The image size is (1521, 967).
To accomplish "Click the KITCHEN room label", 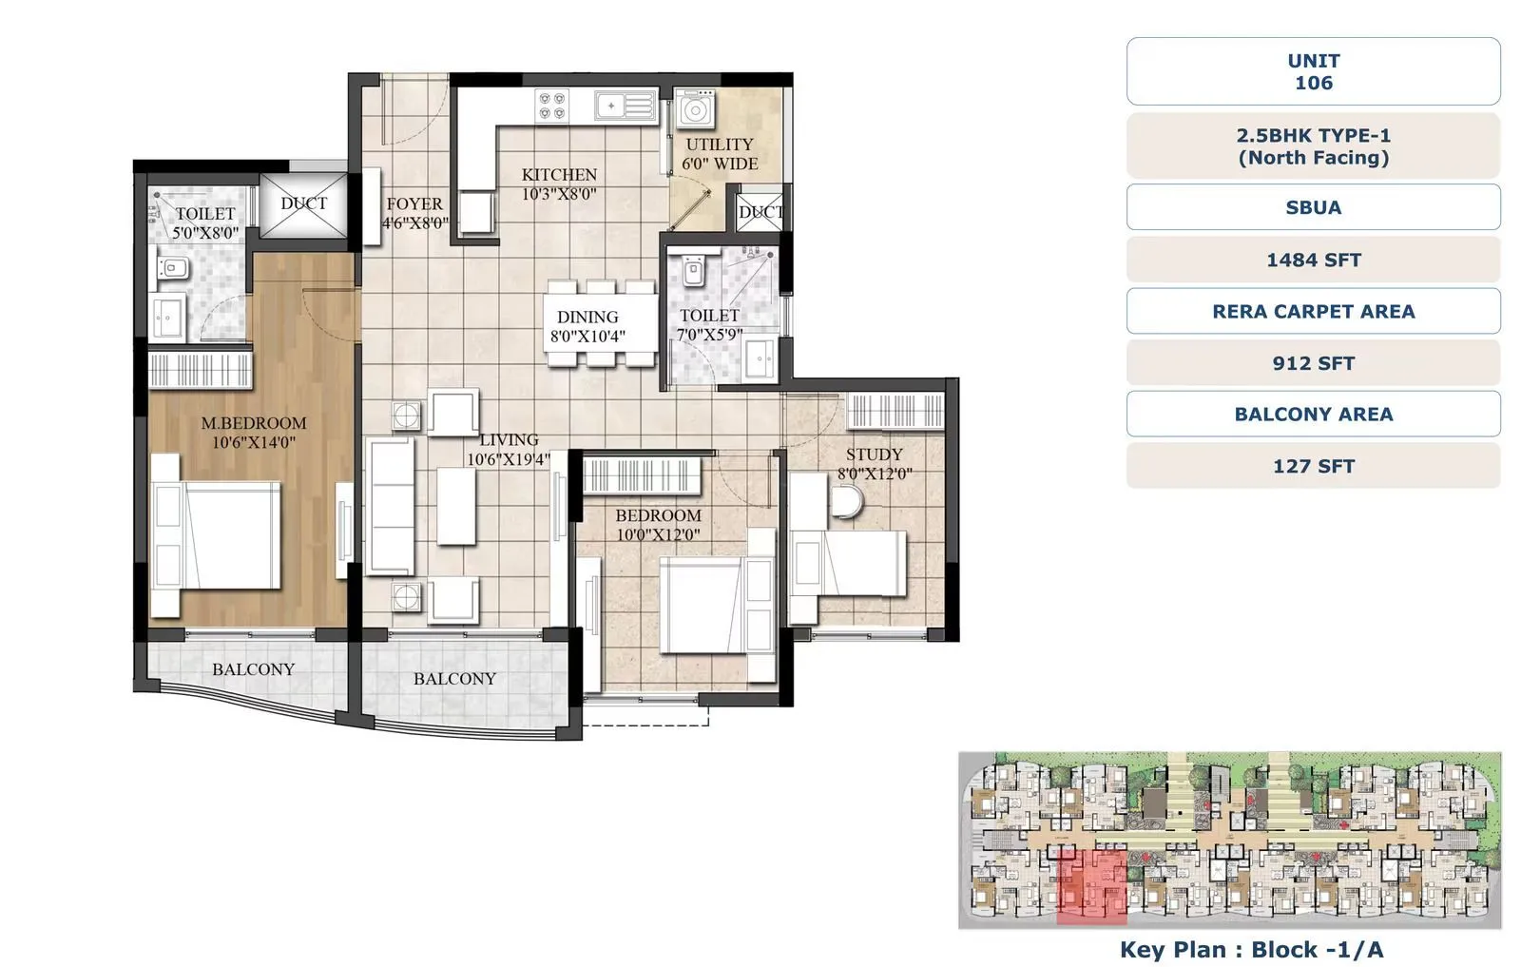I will [x=559, y=175].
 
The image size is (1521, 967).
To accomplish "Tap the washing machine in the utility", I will [x=696, y=110].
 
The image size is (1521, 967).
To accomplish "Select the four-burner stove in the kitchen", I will [x=552, y=105].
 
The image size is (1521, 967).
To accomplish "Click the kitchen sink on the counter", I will [x=625, y=105].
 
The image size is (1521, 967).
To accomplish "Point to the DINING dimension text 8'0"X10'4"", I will [x=587, y=337].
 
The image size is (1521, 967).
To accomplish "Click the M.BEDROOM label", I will [x=253, y=423].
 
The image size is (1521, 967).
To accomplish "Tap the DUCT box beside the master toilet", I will [x=303, y=203].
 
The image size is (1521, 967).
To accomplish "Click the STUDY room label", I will [x=874, y=454].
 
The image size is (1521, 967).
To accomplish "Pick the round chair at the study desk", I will [x=846, y=501].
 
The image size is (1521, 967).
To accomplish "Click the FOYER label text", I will [x=414, y=204].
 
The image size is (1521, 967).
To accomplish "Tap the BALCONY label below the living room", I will [x=454, y=679].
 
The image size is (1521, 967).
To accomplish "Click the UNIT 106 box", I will [x=1313, y=71].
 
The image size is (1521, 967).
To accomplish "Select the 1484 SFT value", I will [x=1313, y=260].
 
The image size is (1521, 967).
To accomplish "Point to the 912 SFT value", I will [x=1313, y=363].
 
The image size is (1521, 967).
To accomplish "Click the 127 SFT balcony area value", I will [x=1313, y=466].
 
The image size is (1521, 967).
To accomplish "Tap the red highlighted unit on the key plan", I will [x=1091, y=886].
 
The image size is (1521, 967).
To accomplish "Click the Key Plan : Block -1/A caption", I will [x=1251, y=949].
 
